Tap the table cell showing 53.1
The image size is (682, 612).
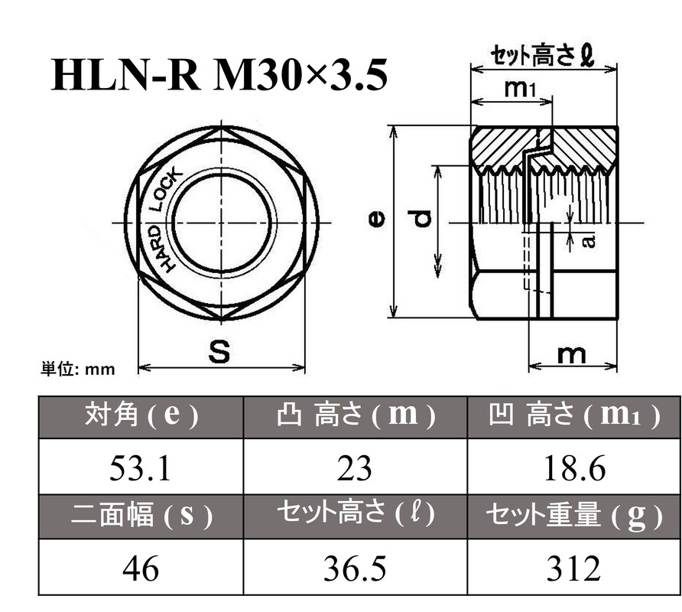[140, 467]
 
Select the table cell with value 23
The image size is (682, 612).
[354, 467]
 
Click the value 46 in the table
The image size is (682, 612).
[140, 568]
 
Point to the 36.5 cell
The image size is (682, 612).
[354, 568]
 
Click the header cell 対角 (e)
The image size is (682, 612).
[140, 416]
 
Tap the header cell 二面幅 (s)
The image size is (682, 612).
[140, 517]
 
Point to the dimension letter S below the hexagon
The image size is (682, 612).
[220, 352]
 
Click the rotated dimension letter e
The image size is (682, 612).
[376, 220]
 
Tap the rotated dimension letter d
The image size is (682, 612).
[422, 222]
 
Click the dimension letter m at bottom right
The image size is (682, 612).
[570, 353]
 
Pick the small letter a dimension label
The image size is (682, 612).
[587, 241]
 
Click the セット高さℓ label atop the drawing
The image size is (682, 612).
[542, 55]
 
